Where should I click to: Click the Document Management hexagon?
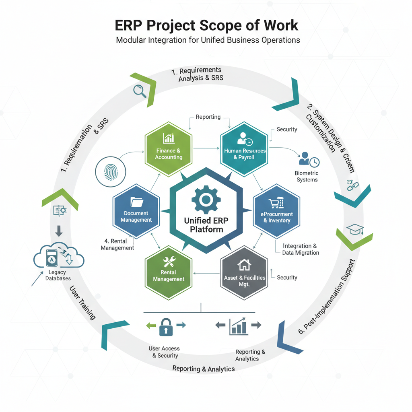136,211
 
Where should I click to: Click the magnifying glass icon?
140,91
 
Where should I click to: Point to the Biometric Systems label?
307,176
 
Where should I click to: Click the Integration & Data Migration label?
300,249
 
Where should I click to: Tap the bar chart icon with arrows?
239,326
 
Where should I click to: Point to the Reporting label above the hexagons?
208,117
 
